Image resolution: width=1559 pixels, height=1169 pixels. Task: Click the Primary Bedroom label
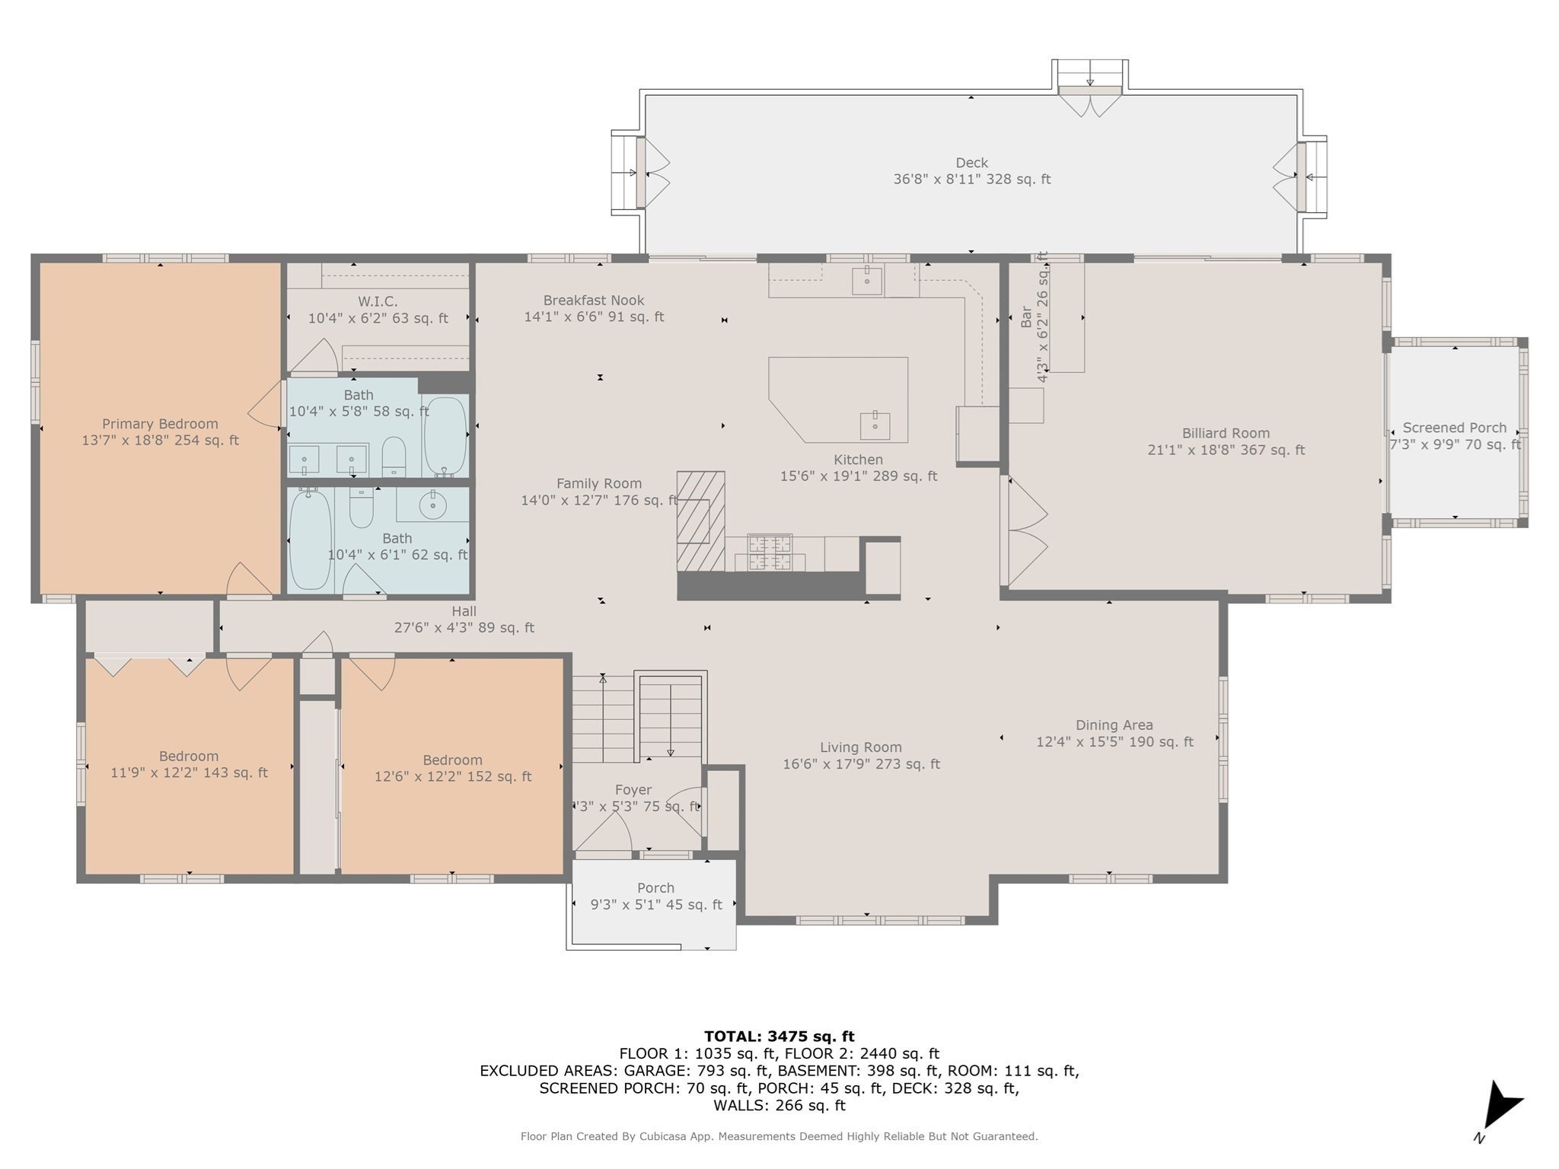pos(160,424)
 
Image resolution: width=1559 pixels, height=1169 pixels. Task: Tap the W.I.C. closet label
pos(378,301)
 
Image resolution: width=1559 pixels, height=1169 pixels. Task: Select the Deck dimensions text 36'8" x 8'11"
pos(971,180)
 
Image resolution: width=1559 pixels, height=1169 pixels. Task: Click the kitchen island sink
pos(875,426)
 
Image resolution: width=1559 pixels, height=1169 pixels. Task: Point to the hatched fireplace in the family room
pos(700,521)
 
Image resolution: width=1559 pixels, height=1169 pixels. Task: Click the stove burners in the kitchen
pos(770,553)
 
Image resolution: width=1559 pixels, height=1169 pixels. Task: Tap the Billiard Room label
pos(1226,433)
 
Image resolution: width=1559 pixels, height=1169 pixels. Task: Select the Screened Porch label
pos(1454,428)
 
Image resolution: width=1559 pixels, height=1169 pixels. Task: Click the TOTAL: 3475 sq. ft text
pos(779,1037)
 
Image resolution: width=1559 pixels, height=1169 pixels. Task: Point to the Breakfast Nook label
pos(594,301)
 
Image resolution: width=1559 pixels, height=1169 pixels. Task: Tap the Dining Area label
pos(1114,725)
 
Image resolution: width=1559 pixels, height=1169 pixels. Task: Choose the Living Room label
pos(860,747)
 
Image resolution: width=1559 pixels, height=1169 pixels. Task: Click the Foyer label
pos(633,790)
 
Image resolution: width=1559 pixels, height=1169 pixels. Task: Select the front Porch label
pos(655,888)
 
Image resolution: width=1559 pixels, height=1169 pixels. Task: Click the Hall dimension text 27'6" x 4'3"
pos(464,628)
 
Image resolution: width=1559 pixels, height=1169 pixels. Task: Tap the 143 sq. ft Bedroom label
pos(189,757)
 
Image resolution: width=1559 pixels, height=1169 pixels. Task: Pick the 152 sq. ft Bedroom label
pos(452,760)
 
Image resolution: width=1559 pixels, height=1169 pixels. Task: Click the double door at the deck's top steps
pos(1090,102)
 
